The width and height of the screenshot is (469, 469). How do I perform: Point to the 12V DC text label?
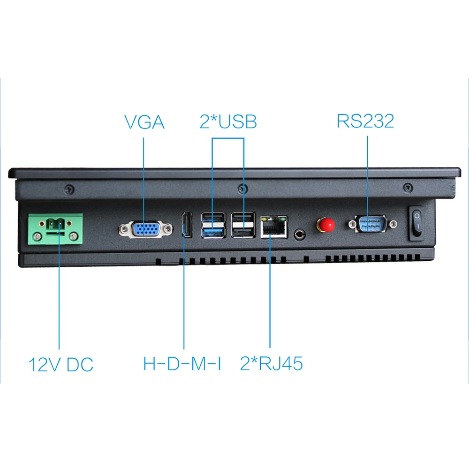(61, 364)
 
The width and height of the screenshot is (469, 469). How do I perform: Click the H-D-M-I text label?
(182, 363)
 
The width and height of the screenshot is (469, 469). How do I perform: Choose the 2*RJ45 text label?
(271, 363)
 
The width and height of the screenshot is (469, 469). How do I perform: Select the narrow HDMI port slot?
(186, 224)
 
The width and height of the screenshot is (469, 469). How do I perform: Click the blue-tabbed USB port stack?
(213, 225)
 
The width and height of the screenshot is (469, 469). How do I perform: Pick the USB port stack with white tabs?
(243, 225)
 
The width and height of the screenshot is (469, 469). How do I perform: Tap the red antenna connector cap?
(327, 225)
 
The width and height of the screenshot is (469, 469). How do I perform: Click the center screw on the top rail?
(242, 188)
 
